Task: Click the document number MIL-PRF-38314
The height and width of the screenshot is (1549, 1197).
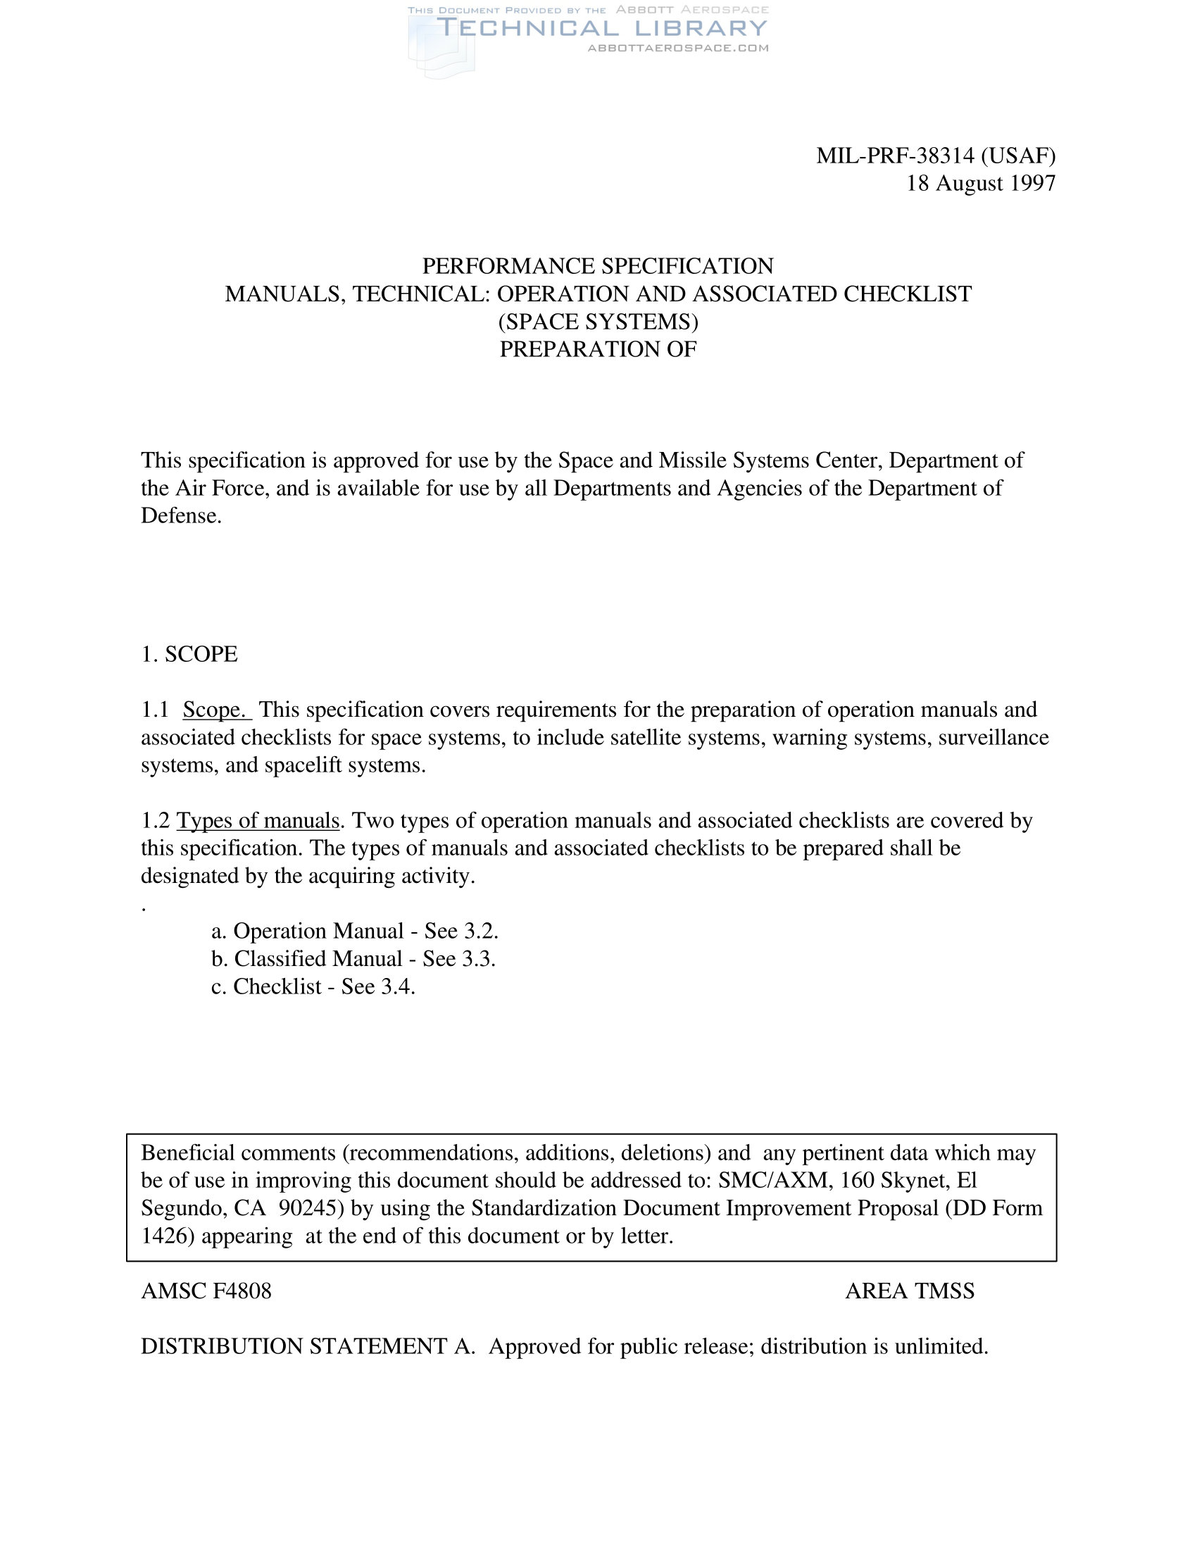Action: pos(895,156)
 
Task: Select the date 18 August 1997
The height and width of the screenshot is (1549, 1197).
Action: pos(981,183)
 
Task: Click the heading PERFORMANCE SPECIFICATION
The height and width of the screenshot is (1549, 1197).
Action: pos(598,266)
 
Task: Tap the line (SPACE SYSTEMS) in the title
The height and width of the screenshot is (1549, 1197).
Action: pos(598,321)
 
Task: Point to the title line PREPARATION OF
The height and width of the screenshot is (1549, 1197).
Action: pos(598,349)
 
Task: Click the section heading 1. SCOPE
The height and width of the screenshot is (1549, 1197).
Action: pos(189,654)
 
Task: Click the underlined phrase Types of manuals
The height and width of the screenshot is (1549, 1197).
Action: pos(258,820)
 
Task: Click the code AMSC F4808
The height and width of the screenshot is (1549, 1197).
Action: pos(206,1291)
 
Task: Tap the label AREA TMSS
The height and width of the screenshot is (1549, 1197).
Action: pos(909,1291)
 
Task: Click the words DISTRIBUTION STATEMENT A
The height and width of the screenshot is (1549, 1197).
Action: pos(308,1346)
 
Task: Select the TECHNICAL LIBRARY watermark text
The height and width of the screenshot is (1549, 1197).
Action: pos(601,28)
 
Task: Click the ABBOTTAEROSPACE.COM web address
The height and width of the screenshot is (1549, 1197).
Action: pos(678,48)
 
